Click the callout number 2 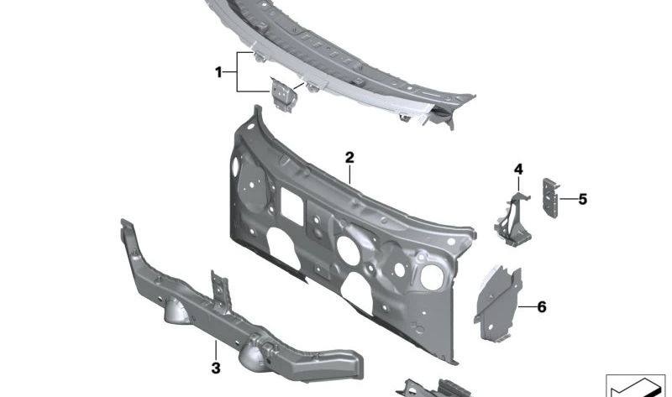349,158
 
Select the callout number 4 518,170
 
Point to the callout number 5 582,200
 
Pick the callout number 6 541,307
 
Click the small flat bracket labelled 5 552,197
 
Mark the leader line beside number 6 526,307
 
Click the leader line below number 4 517,185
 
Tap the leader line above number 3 215,351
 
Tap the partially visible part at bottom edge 437,388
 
